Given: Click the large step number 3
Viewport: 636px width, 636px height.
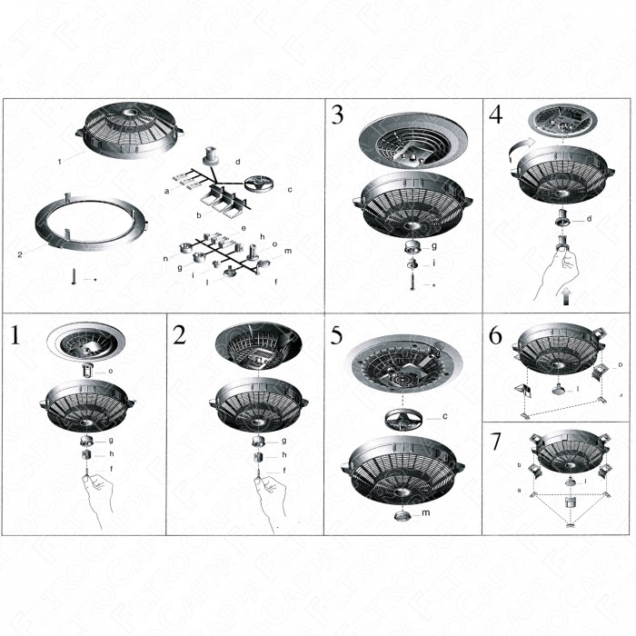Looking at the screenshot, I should click(x=337, y=115).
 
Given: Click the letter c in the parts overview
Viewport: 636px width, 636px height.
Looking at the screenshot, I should click(x=289, y=189).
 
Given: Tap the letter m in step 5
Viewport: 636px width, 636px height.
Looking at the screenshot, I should click(x=427, y=513).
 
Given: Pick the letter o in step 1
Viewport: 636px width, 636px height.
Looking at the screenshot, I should click(x=110, y=371).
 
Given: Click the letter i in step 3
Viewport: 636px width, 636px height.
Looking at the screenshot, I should click(x=433, y=263).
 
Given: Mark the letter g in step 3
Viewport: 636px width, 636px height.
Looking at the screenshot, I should click(x=434, y=245).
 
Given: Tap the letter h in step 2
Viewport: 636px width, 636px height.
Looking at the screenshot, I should click(x=283, y=454).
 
